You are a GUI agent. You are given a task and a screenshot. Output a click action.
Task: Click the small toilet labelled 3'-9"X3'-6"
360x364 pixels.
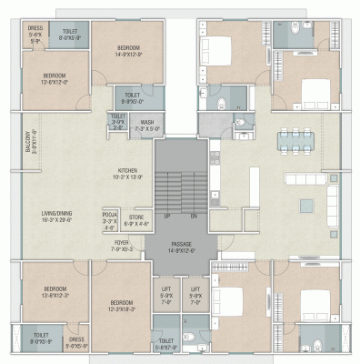pos(118,122)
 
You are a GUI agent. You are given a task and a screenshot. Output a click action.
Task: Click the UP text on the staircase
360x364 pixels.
pos(166,216)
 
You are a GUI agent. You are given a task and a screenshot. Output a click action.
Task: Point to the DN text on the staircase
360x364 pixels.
pos(193,216)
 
